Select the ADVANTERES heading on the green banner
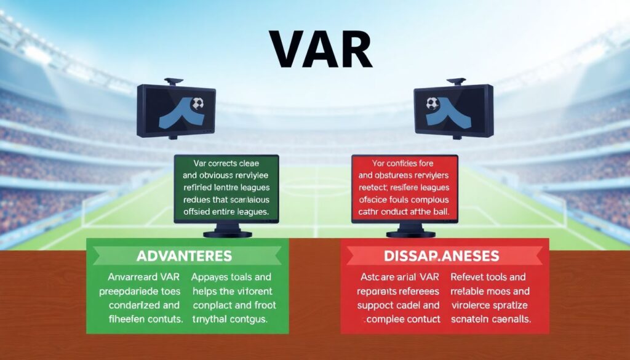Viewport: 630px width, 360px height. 185,255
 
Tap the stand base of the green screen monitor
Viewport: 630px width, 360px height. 228,233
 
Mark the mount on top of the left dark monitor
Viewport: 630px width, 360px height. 174,81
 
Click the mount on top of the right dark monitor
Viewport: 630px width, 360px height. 456,81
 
